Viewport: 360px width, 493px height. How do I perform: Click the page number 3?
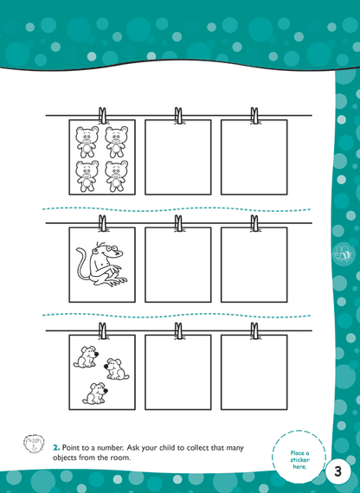pyautogui.click(x=338, y=474)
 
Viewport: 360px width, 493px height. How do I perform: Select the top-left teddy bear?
pyautogui.click(x=87, y=140)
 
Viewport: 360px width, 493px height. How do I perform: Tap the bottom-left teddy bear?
pyautogui.click(x=87, y=175)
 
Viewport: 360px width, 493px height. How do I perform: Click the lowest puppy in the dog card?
pyautogui.click(x=93, y=394)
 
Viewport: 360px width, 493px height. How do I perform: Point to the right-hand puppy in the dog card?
pyautogui.click(x=116, y=370)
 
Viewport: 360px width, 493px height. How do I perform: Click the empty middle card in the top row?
pyautogui.click(x=177, y=157)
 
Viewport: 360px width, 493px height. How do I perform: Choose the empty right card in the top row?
pyautogui.click(x=254, y=157)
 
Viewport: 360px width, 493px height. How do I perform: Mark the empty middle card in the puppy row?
pyautogui.click(x=177, y=372)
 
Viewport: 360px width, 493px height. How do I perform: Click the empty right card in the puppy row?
pyautogui.click(x=254, y=372)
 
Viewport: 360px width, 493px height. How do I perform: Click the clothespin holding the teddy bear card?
pyautogui.click(x=103, y=114)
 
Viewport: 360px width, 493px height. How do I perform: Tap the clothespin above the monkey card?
pyautogui.click(x=103, y=223)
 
